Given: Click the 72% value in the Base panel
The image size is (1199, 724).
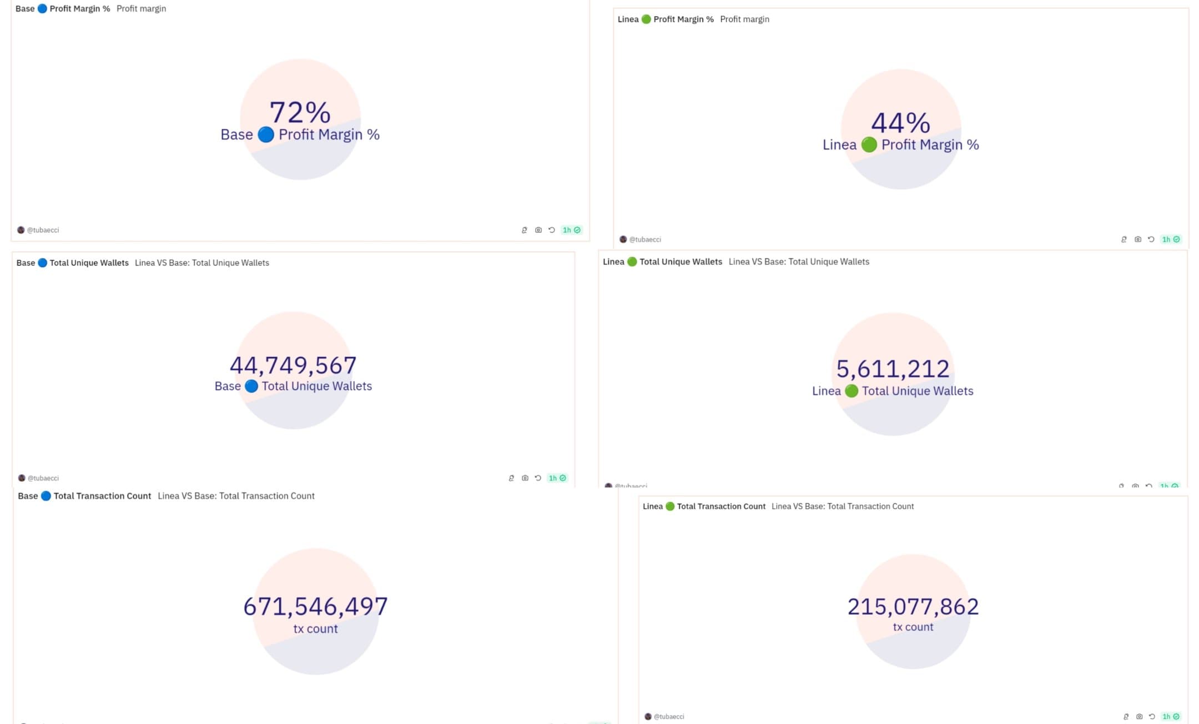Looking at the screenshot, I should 300,112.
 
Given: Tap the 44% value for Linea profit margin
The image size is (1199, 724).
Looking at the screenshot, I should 900,123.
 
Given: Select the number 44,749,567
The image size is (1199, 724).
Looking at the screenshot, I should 293,365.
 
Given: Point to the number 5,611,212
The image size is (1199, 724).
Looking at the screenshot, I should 893,369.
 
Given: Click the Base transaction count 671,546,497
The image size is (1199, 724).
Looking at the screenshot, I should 315,606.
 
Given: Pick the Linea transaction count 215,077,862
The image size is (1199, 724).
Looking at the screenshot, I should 913,606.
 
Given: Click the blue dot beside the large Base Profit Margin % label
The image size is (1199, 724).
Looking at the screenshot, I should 266,134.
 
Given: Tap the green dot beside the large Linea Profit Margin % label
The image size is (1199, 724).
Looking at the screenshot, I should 869,145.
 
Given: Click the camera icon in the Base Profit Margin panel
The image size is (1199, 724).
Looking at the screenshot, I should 538,230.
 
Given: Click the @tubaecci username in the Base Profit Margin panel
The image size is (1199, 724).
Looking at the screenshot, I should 43,230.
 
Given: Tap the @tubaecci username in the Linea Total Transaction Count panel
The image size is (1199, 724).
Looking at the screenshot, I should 668,716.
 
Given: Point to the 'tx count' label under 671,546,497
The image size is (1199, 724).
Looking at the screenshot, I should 315,629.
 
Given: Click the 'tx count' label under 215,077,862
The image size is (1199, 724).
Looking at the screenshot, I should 913,627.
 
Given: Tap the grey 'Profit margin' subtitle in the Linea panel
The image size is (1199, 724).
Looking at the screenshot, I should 744,19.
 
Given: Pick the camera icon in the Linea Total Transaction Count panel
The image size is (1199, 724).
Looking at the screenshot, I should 1139,716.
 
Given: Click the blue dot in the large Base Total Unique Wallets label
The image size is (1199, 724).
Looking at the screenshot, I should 251,386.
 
